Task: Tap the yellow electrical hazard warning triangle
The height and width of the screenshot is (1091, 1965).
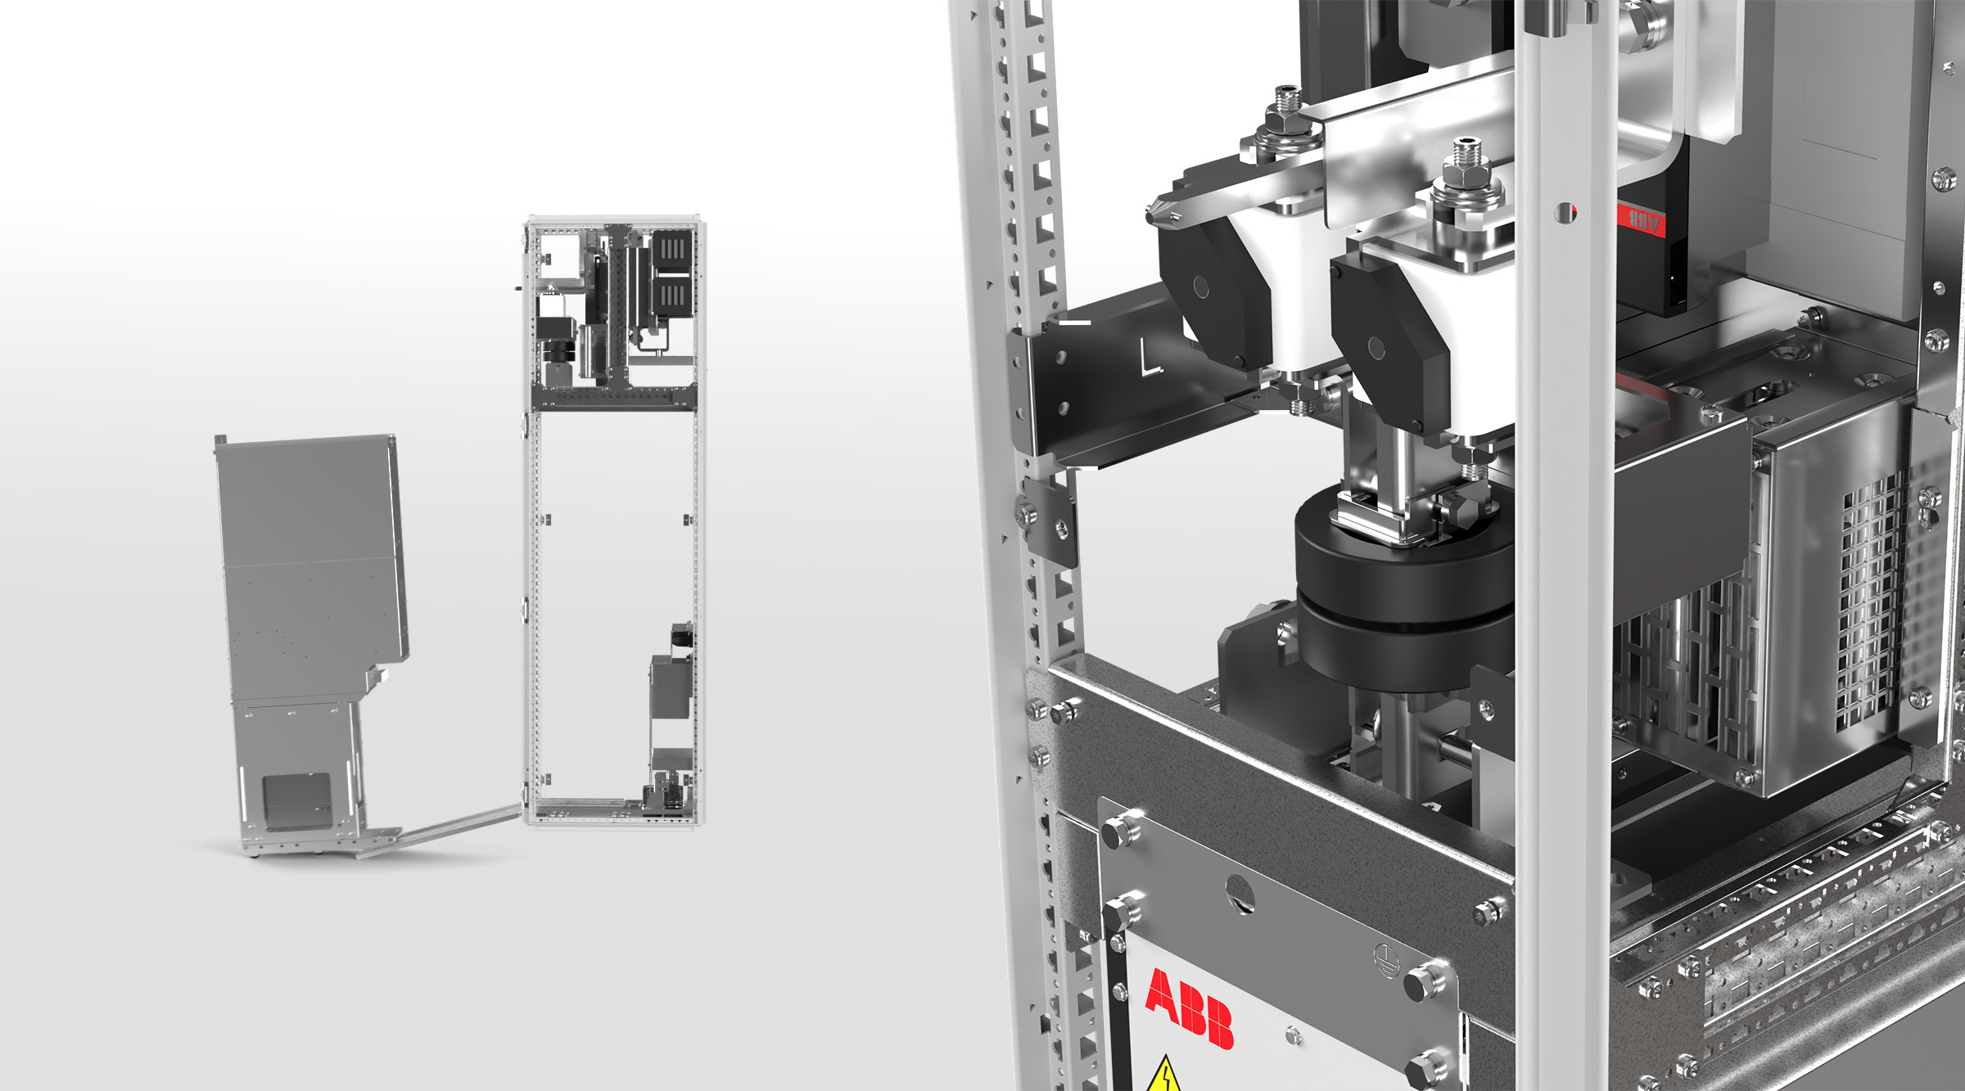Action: (1164, 1075)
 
